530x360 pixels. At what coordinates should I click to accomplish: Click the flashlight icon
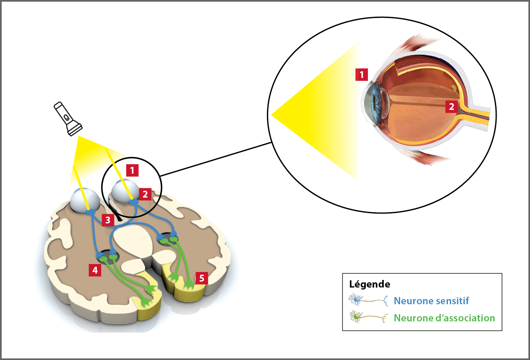tap(67, 119)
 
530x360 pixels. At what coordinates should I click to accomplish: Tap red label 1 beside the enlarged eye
tap(361, 74)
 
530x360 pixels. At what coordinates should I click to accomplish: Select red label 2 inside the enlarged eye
tap(451, 107)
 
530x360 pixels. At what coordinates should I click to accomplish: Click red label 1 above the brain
tap(132, 170)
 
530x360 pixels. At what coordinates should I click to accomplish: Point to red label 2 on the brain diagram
tap(145, 194)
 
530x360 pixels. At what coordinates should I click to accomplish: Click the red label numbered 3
tap(108, 219)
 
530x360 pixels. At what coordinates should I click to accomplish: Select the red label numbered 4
tap(95, 270)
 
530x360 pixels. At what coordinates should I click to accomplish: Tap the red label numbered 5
tap(202, 278)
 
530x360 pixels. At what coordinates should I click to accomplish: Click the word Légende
tap(369, 284)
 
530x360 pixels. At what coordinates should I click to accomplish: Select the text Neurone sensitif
tap(431, 301)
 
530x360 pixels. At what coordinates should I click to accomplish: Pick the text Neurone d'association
tap(444, 318)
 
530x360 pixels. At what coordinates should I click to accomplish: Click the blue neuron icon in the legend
tap(368, 301)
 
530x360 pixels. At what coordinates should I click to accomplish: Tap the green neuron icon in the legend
tap(368, 318)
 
